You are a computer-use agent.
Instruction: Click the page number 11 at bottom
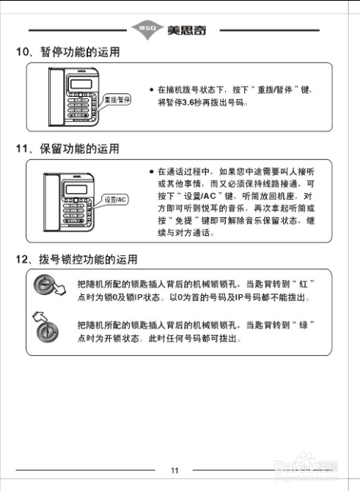tap(175, 470)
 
